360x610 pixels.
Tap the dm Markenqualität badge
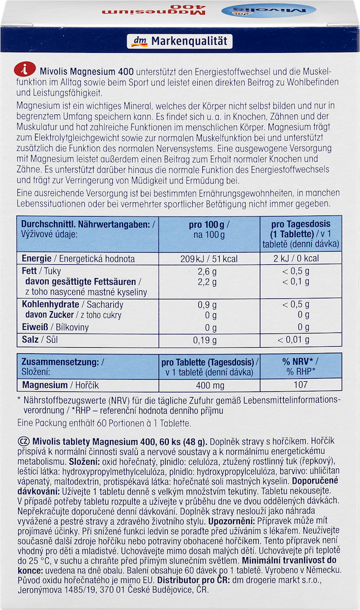tap(179, 42)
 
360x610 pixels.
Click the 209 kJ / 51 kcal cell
tap(209, 259)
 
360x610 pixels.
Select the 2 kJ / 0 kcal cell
tap(299, 259)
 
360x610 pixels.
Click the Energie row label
tap(36, 259)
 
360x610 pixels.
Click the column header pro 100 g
tap(209, 224)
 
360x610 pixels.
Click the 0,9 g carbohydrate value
tap(207, 304)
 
